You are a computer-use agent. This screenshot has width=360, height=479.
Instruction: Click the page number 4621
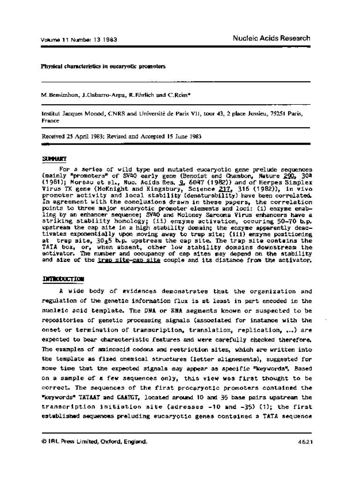click(x=304, y=441)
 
